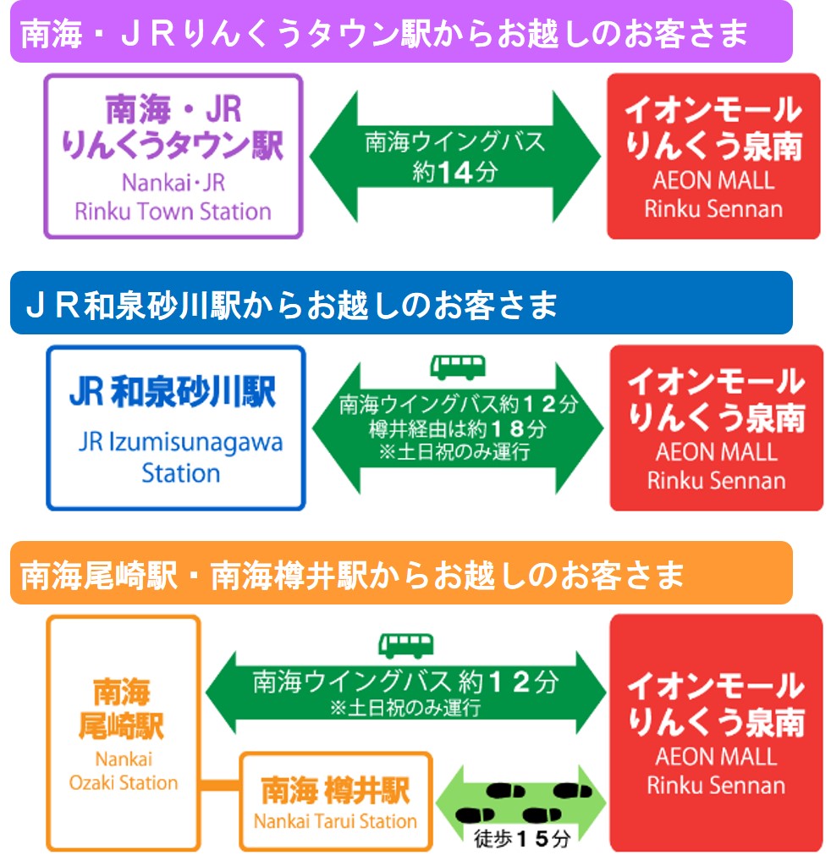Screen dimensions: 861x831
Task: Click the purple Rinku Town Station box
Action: (173, 156)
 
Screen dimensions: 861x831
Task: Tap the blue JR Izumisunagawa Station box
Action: (175, 428)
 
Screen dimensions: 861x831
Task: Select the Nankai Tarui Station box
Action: (336, 801)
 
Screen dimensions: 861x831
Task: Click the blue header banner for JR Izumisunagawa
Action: (400, 303)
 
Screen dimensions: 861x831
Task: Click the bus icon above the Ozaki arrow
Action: (405, 645)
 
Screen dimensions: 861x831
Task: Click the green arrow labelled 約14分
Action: (455, 156)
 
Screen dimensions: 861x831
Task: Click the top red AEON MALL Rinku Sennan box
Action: (713, 156)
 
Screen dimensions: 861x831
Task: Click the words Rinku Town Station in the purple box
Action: (173, 211)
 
